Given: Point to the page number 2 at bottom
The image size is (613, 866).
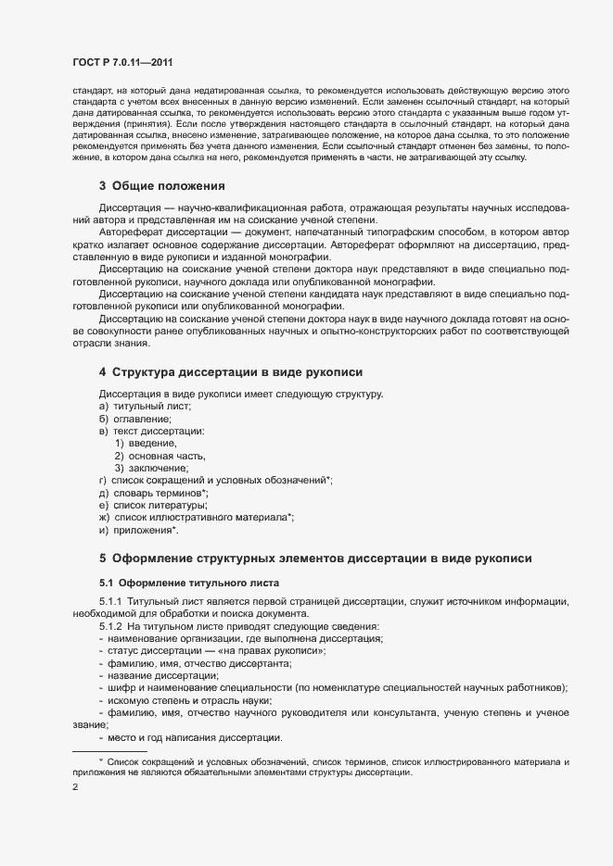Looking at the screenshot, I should (x=75, y=787).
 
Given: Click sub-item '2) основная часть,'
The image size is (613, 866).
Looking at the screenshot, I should (x=160, y=456).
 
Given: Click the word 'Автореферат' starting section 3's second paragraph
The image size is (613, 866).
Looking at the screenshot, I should (x=130, y=233).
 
